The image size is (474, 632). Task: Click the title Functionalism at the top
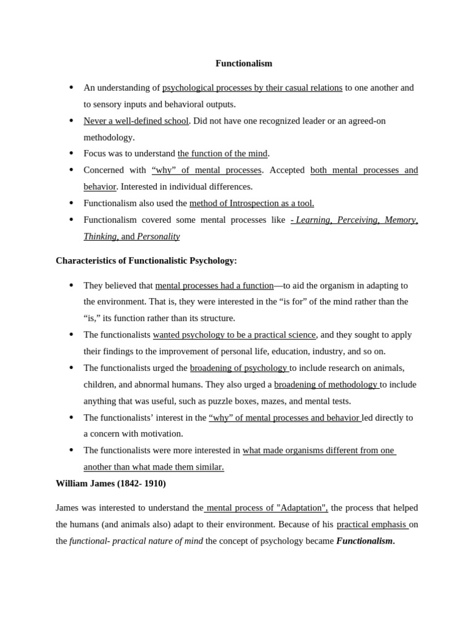[243, 64]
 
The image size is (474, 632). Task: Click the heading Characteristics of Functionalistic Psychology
[146, 260]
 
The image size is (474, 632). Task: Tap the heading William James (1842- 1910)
[110, 483]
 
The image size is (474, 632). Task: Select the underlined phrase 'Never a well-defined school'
[136, 121]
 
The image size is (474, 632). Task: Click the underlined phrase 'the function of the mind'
[222, 154]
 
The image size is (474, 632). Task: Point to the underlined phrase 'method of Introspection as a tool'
[251, 203]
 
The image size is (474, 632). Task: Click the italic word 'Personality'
[158, 236]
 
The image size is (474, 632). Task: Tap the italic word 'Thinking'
[100, 236]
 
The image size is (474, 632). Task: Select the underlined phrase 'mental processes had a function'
[214, 286]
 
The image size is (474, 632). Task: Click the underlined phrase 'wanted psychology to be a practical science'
[234, 335]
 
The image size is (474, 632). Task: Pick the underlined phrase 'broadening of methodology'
[326, 385]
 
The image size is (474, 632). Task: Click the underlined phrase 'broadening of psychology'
[239, 368]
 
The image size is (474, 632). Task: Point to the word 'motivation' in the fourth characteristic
[162, 434]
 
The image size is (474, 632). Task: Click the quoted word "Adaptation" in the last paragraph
[301, 508]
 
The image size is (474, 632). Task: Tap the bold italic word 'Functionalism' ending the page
[365, 541]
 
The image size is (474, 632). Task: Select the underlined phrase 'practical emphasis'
[372, 525]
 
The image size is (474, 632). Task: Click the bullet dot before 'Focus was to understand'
[72, 154]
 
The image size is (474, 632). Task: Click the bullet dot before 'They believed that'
[72, 286]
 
